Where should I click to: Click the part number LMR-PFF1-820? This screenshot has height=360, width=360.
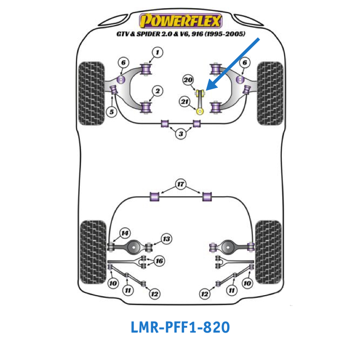(180, 327)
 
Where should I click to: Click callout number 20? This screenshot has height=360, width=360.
(188, 80)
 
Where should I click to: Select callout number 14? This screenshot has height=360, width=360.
(124, 233)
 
